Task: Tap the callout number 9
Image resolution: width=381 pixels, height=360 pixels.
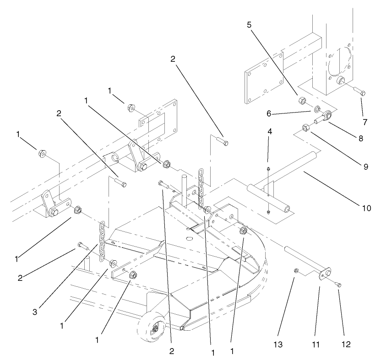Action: point(365,167)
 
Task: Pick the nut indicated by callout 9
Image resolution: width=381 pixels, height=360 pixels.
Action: point(306,128)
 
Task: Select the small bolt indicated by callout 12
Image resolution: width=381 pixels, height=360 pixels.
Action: point(339,285)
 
